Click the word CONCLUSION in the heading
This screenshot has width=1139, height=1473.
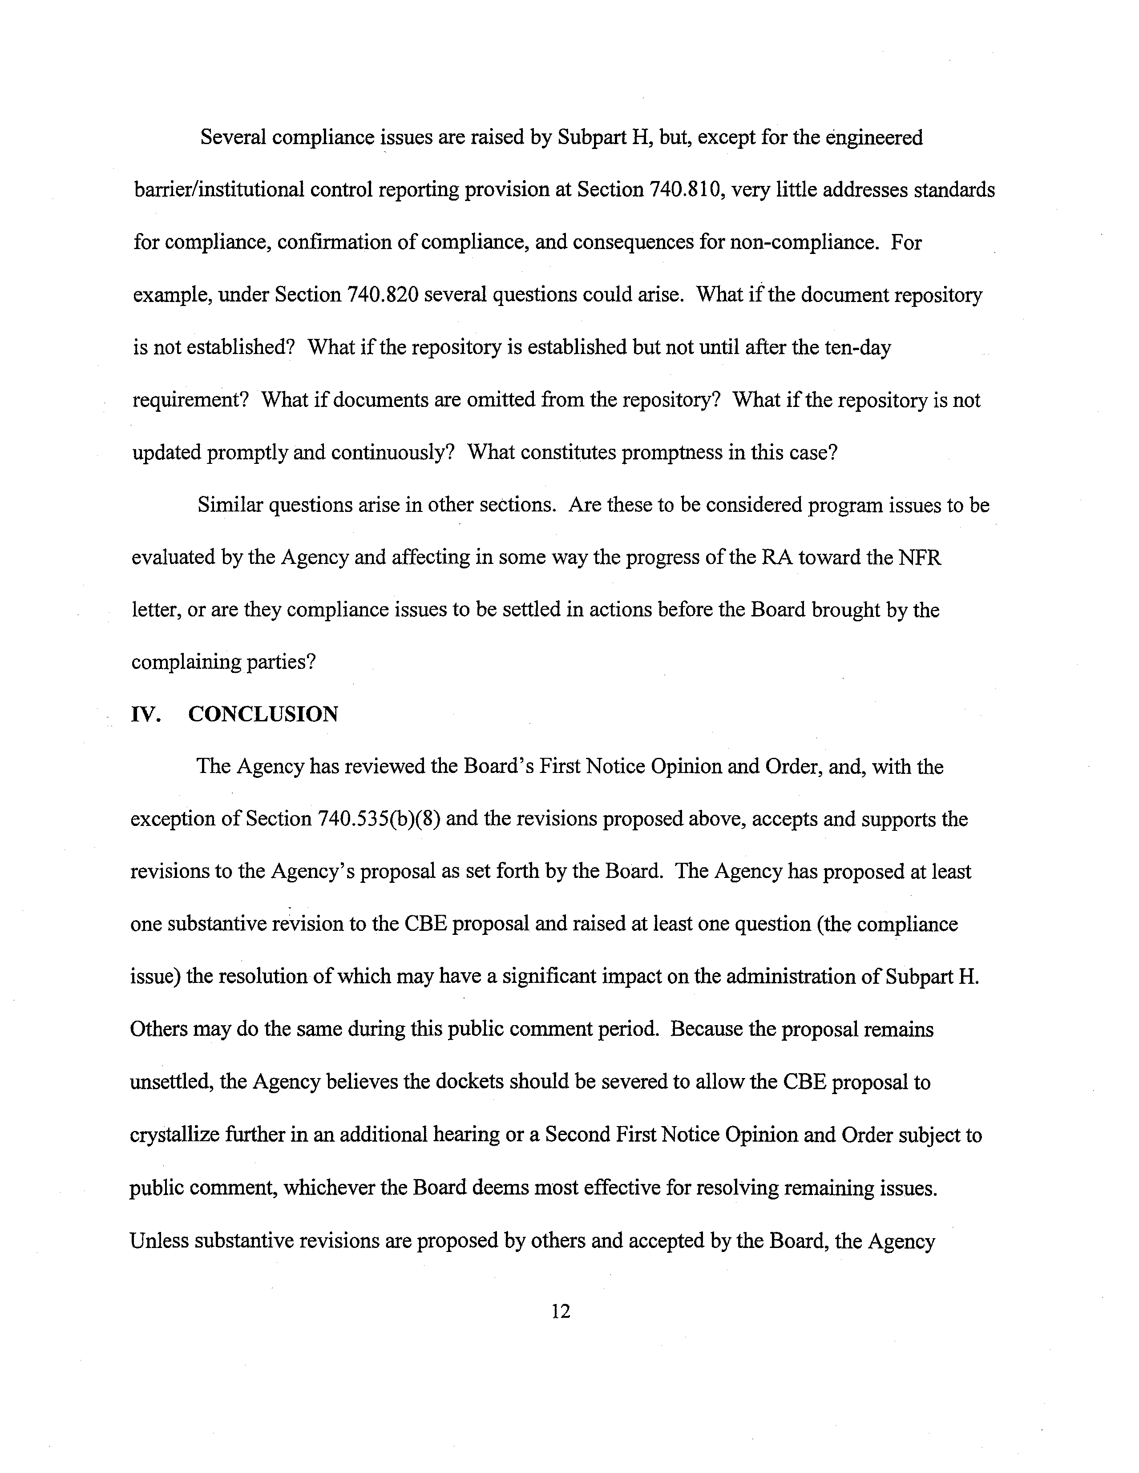pos(263,714)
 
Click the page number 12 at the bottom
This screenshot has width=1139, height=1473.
pos(561,1311)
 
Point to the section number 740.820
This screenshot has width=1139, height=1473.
pos(383,295)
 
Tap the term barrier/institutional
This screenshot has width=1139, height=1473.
pos(218,190)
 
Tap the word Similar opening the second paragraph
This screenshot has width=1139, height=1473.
pos(230,505)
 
